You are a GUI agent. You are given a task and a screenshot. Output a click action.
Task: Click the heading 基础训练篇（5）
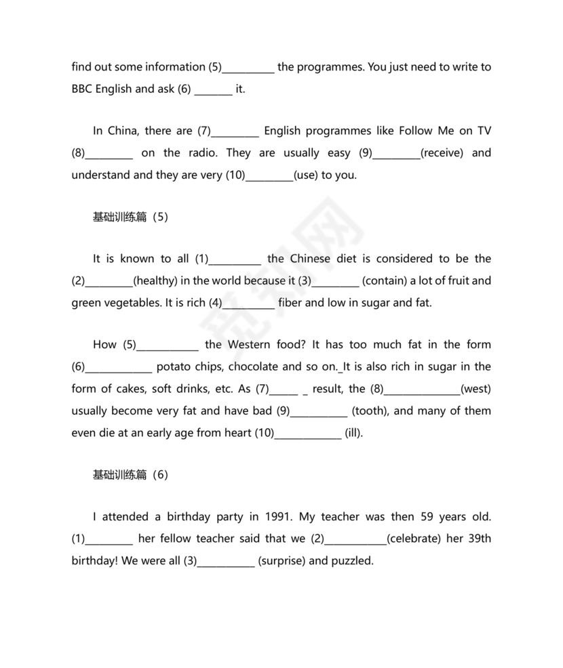click(130, 217)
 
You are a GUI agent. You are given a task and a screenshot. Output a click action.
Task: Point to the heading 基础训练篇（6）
click(130, 475)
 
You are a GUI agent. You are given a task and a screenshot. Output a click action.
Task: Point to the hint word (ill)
click(353, 433)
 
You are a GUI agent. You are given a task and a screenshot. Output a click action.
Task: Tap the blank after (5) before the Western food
click(168, 345)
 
